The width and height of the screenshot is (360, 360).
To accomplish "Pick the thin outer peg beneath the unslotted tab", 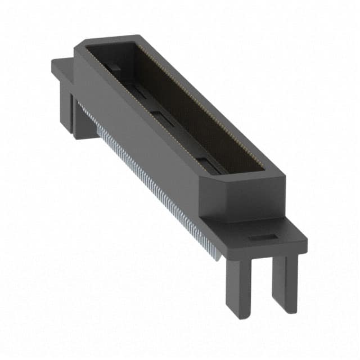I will tap(65, 110).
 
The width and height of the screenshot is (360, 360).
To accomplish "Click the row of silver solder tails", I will tap(152, 191).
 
